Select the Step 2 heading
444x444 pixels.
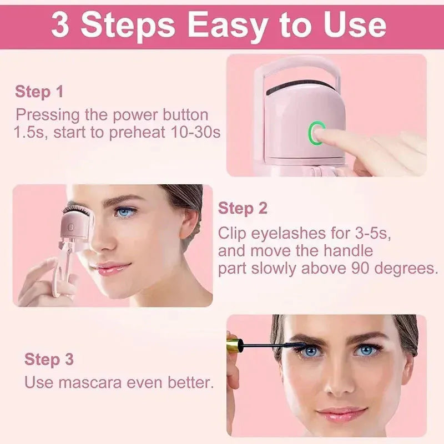pyautogui.click(x=243, y=209)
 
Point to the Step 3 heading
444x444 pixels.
pyautogui.click(x=49, y=359)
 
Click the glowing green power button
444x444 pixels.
pyautogui.click(x=317, y=132)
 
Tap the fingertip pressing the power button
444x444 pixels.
pyautogui.click(x=327, y=134)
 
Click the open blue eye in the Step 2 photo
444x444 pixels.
pyautogui.click(x=125, y=211)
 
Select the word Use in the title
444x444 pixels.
pyautogui.click(x=350, y=25)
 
